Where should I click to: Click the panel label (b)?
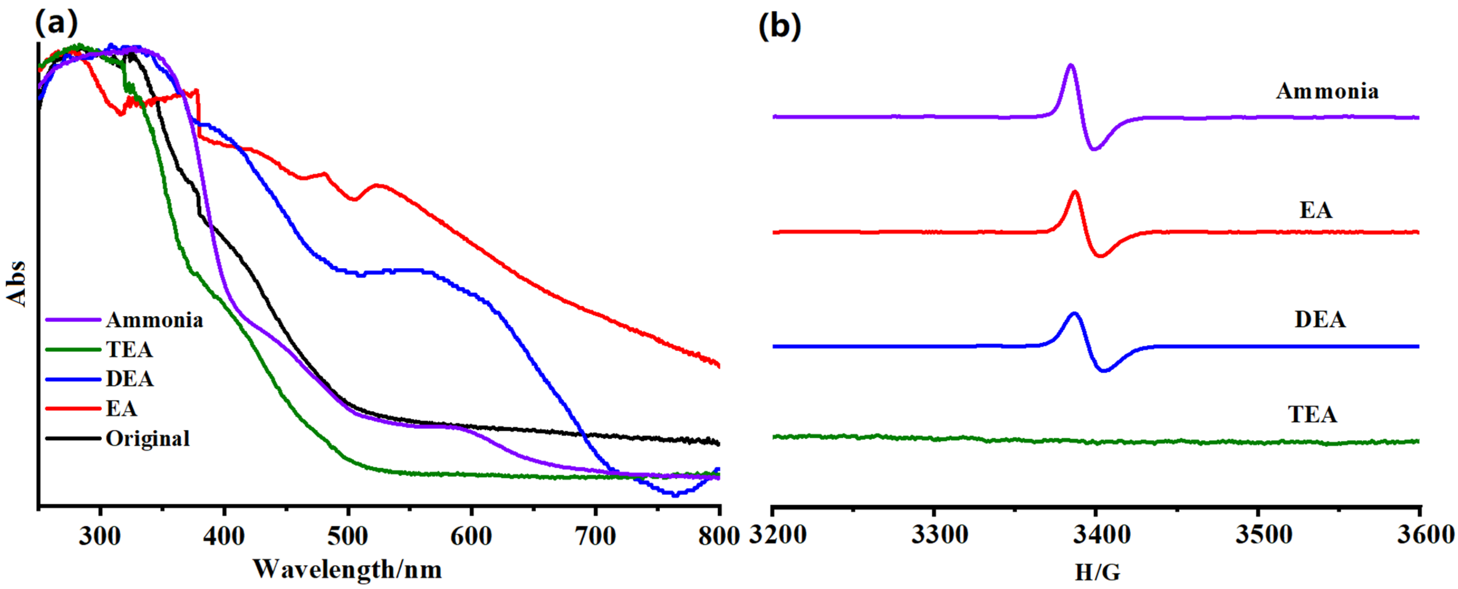(x=779, y=26)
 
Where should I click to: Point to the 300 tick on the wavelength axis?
(x=100, y=535)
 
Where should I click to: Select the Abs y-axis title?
(x=17, y=283)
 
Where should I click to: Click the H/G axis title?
(x=1097, y=573)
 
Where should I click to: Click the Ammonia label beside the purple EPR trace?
(x=1327, y=91)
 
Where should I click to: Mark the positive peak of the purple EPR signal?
(x=1070, y=66)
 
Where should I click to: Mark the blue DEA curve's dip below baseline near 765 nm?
(x=675, y=494)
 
